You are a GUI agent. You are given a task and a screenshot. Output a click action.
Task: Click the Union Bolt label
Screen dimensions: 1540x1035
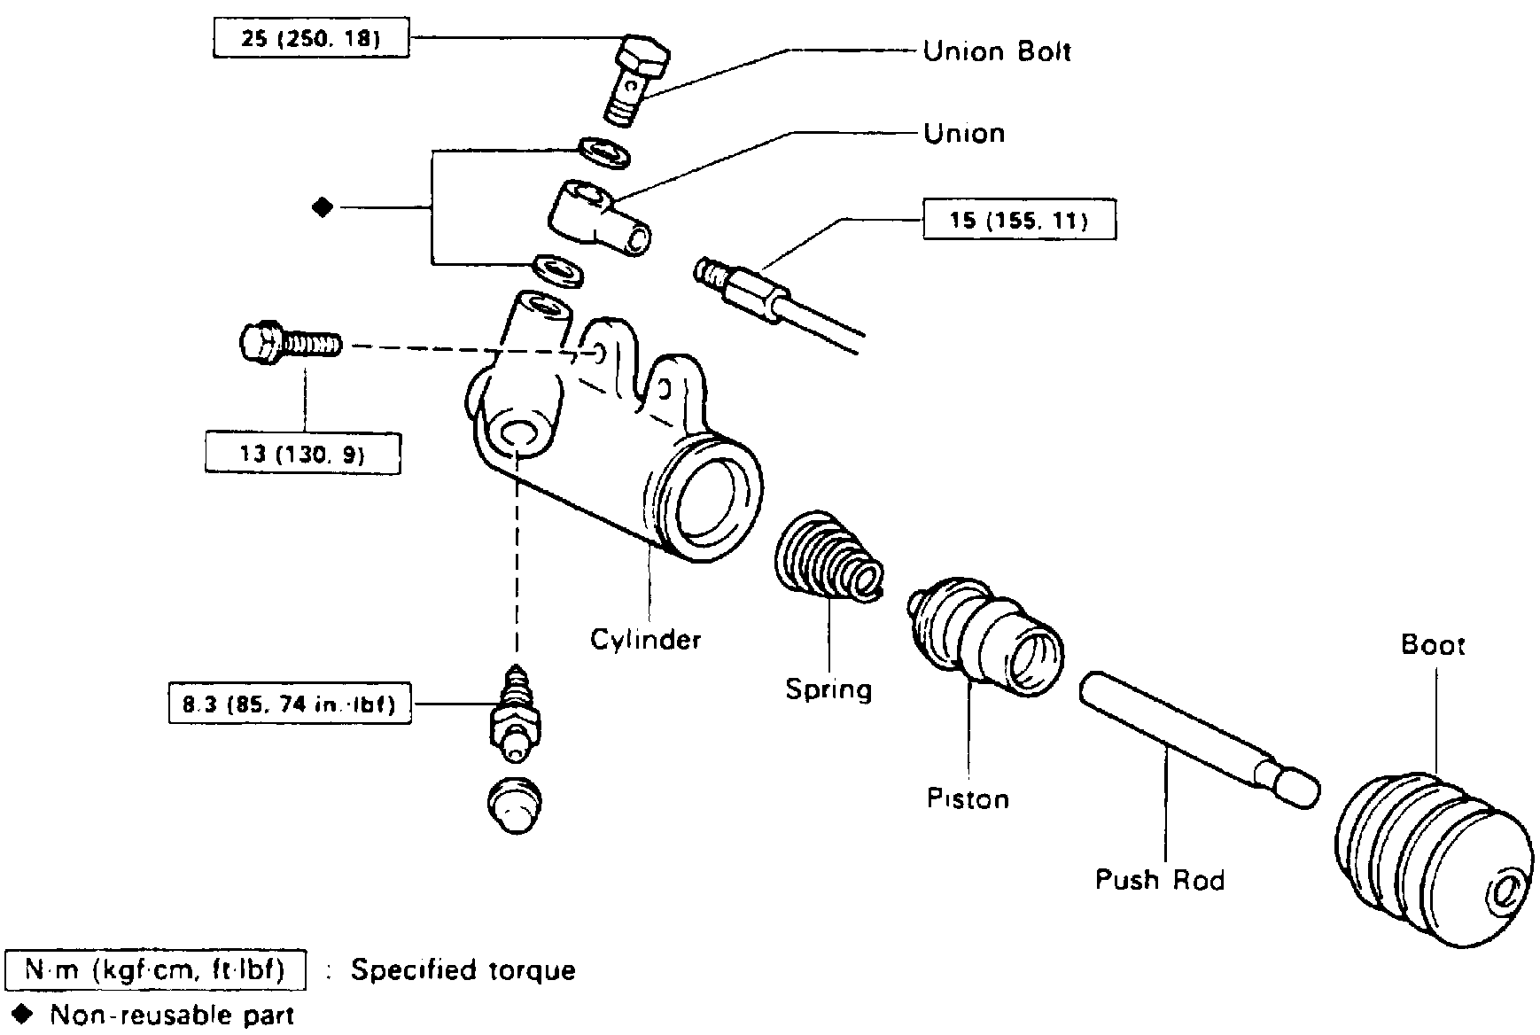click(997, 51)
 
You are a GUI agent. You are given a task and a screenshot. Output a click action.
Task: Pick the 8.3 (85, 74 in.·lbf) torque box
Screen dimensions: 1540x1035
click(291, 704)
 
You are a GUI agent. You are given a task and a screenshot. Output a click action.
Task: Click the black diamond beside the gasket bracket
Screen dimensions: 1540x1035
click(323, 208)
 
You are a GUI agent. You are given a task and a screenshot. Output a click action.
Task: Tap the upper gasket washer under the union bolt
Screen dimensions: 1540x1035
click(604, 152)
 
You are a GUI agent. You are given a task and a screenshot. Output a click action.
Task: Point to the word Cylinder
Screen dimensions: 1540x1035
click(646, 640)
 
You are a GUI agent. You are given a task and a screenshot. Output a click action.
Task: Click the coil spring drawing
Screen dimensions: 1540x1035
click(829, 557)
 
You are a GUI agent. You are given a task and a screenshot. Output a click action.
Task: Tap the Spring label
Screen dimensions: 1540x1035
click(828, 689)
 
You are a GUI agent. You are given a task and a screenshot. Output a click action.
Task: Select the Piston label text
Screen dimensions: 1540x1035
click(968, 798)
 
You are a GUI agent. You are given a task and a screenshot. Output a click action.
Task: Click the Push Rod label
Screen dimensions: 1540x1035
click(1160, 880)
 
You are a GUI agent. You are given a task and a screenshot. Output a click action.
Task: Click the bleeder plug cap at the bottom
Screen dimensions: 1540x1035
click(516, 805)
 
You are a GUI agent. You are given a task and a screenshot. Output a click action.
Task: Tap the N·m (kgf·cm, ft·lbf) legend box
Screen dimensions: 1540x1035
click(156, 970)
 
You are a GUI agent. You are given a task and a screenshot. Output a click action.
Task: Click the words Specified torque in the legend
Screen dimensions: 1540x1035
click(463, 970)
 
